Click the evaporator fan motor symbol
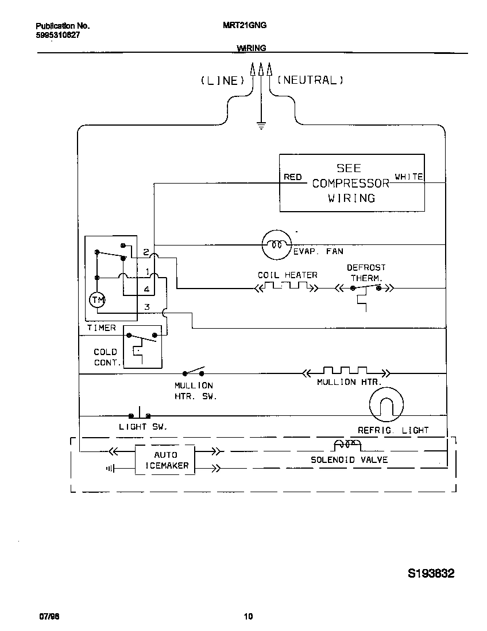(x=277, y=245)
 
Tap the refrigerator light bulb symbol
(x=386, y=405)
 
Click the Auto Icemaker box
(x=166, y=460)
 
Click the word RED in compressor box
(x=293, y=177)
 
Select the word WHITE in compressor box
(x=409, y=177)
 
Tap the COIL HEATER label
(x=287, y=275)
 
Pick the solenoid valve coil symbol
(x=347, y=445)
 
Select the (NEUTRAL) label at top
(x=311, y=80)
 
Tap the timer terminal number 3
(x=147, y=307)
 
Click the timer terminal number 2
(x=146, y=252)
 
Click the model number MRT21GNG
(x=244, y=25)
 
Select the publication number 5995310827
(x=57, y=34)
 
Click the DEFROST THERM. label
(x=366, y=272)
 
